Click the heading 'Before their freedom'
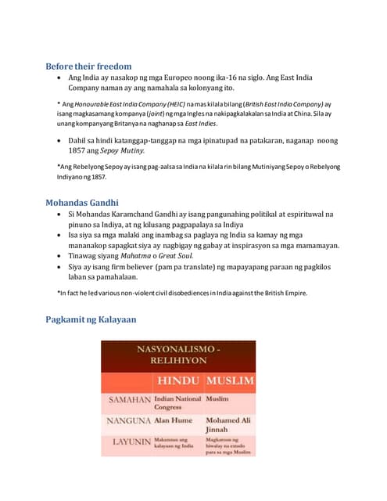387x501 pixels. (x=88, y=66)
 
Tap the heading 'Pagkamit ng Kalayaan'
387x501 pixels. (x=91, y=319)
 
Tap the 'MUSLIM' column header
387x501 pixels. (x=230, y=381)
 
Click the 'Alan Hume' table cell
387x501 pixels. (x=173, y=420)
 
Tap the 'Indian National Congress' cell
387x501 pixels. (x=178, y=403)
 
